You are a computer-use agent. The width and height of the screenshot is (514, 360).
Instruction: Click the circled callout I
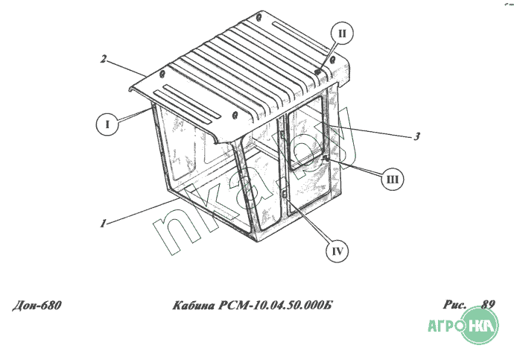pos(107,124)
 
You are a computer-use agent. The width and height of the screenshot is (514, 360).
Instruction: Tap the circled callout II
pos(342,34)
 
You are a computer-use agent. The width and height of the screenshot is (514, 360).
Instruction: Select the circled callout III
pos(393,179)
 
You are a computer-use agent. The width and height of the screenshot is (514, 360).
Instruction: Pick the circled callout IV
pos(337,251)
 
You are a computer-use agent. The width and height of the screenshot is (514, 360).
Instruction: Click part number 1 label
pos(103,224)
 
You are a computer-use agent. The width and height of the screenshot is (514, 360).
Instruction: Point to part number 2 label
pos(104,60)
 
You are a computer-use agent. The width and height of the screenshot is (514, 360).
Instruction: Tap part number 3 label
pos(416,136)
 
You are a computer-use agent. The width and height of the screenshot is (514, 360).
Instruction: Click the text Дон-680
pos(37,306)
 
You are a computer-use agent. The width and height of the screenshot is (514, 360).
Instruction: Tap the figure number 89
pos(488,304)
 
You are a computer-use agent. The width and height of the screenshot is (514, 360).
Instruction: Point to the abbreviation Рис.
pos(454,305)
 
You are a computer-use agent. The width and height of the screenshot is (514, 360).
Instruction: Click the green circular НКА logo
pos(480,325)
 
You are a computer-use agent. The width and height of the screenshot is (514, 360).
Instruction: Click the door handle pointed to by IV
pos(285,193)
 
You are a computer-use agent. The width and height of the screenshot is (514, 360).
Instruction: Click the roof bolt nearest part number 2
pos(162,74)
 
